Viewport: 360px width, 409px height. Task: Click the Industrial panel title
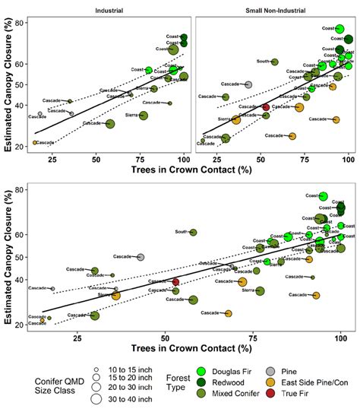[x=110, y=9]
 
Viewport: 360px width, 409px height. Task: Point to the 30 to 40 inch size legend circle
[x=98, y=398]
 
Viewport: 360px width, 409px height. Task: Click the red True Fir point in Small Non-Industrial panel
[x=266, y=107]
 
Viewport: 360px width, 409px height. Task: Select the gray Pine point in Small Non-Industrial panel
[x=248, y=84]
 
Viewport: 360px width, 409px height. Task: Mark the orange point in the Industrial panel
[x=35, y=142]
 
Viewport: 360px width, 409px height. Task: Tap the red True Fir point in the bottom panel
[x=175, y=281]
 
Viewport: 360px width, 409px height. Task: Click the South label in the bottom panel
[x=181, y=232]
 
